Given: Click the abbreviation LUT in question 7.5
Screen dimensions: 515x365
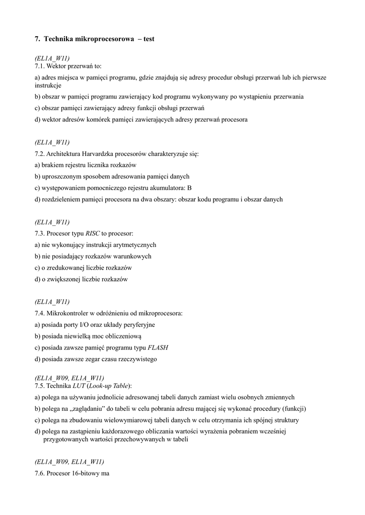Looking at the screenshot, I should point(80,385).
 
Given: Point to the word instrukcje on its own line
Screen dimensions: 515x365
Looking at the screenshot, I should point(48,85).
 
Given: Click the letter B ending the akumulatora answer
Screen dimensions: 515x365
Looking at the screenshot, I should point(189,188).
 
